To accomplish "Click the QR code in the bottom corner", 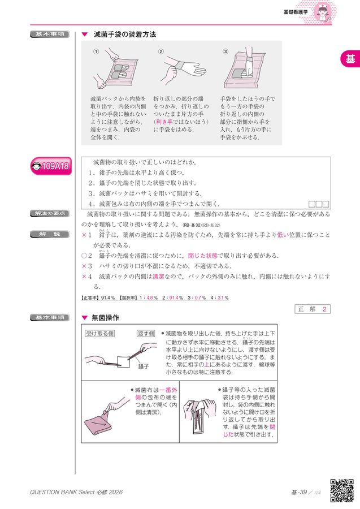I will (x=341, y=490).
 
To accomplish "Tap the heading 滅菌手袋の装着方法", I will (x=125, y=34).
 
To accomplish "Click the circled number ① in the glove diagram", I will (x=96, y=52).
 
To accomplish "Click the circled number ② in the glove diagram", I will (x=161, y=52).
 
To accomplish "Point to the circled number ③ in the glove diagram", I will (x=225, y=52).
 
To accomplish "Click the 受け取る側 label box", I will (x=99, y=334).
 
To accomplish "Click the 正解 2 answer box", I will (x=312, y=309).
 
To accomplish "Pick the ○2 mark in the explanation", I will (x=86, y=256).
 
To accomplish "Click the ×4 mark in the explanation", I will (x=86, y=277).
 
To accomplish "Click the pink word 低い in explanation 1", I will (x=283, y=235).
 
